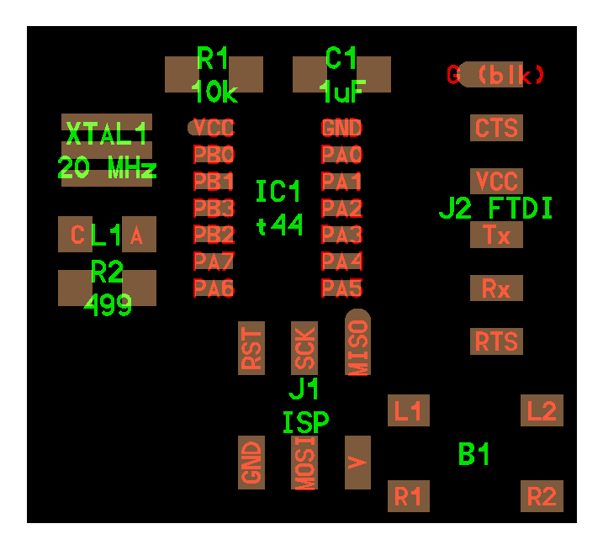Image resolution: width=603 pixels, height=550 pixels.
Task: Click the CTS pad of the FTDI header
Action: [x=496, y=128]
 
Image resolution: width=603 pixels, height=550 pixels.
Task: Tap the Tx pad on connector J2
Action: [x=496, y=235]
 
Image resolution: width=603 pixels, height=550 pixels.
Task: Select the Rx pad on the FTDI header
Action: [x=496, y=288]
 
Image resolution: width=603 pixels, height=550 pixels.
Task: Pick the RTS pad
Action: [x=496, y=341]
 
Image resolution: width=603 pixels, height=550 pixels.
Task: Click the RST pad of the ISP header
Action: [x=251, y=348]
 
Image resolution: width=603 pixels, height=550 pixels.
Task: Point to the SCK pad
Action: [x=304, y=348]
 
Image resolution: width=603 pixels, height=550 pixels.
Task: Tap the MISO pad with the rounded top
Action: [x=357, y=342]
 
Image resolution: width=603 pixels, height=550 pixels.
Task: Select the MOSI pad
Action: [x=304, y=463]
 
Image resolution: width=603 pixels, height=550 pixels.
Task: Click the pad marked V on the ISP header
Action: [x=357, y=463]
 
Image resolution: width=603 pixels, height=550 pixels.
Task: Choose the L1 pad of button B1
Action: [x=409, y=410]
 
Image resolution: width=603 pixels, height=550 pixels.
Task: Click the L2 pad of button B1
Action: [x=542, y=410]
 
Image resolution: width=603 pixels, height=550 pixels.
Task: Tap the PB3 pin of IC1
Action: [x=214, y=208]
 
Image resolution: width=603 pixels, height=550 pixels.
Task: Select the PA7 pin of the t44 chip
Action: [x=214, y=262]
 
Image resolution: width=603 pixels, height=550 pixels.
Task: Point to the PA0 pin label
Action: [x=342, y=155]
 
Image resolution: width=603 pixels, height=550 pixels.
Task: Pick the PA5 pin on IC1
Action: [x=342, y=288]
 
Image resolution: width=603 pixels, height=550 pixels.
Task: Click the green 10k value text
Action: [x=214, y=92]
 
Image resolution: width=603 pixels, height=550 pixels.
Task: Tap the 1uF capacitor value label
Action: [x=341, y=92]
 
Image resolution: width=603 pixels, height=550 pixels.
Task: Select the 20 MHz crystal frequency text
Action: [x=107, y=167]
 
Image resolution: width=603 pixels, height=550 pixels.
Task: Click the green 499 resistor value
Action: [x=108, y=305]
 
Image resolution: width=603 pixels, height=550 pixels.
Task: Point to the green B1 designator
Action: [x=473, y=454]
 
